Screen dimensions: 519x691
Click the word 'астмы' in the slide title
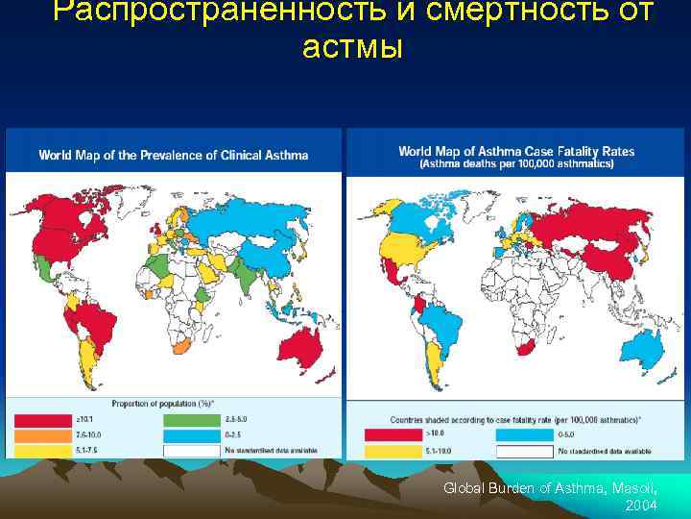click(351, 46)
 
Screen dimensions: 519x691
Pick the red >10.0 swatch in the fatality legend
click(381, 434)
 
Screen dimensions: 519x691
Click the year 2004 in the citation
click(640, 505)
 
